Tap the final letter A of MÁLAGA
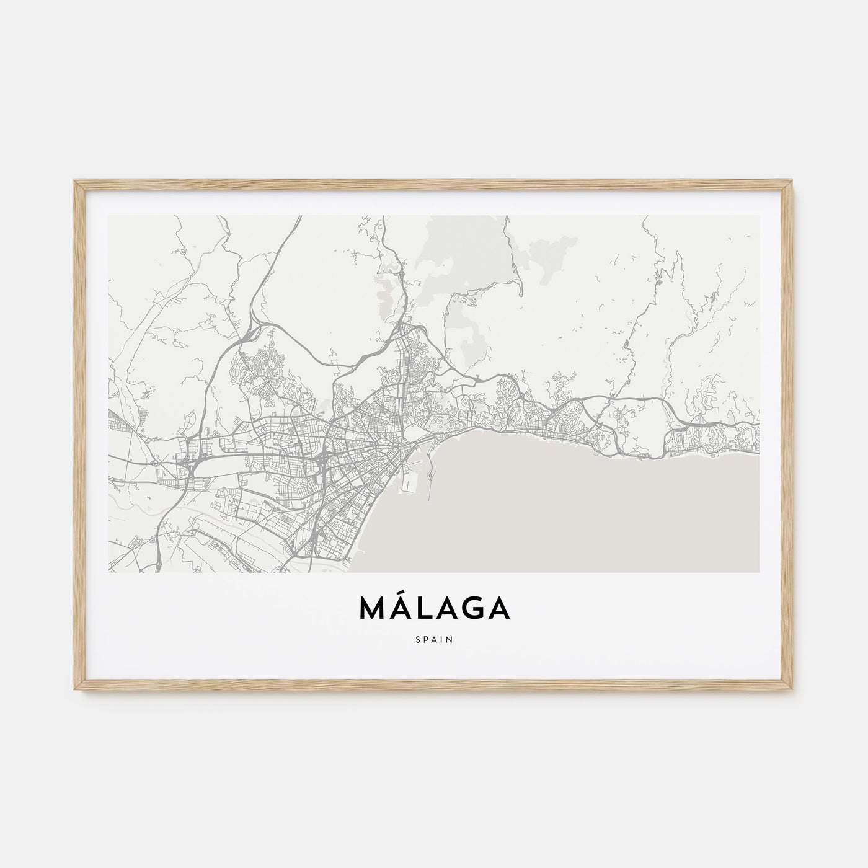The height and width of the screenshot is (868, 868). (x=500, y=609)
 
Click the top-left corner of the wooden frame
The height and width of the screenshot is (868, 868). (x=76, y=181)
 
